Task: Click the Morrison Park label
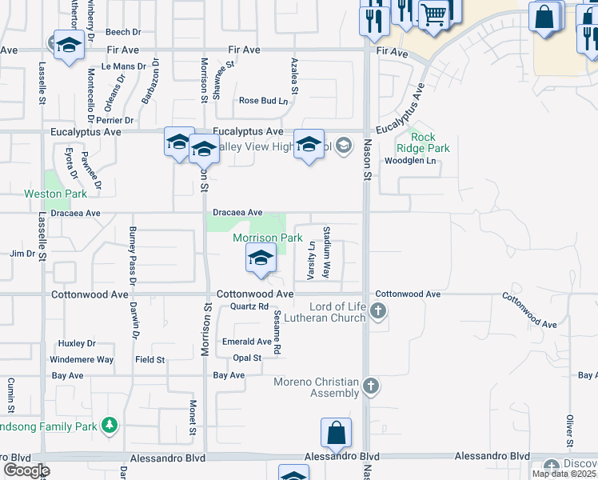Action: (267, 238)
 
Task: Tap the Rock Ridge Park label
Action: (424, 142)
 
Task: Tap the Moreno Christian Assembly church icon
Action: (370, 387)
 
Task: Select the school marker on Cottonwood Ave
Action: (261, 258)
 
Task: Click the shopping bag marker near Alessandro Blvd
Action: (337, 433)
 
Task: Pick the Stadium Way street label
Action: (326, 251)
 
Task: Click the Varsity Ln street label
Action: (311, 262)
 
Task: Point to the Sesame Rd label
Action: (277, 335)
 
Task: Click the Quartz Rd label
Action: (249, 306)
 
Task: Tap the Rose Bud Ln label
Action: (263, 101)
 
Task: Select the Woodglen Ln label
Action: (413, 161)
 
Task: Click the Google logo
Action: (26, 470)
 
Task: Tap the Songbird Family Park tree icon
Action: (111, 424)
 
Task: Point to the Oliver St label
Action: (570, 432)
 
